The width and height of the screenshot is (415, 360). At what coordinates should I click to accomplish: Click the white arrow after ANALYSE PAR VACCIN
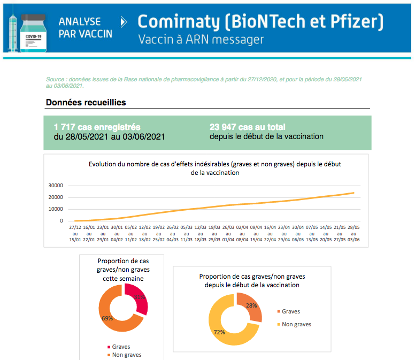click(x=124, y=22)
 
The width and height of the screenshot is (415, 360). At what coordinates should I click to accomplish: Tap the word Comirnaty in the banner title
click(x=178, y=22)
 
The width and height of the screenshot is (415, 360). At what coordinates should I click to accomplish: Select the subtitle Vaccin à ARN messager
click(x=201, y=40)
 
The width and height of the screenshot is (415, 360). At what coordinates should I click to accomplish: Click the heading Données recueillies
click(x=86, y=102)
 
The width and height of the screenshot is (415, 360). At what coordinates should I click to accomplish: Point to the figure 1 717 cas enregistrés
click(x=97, y=127)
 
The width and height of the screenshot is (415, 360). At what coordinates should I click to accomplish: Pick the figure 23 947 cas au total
click(x=248, y=127)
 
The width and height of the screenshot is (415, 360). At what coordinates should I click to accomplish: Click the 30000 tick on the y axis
click(x=56, y=186)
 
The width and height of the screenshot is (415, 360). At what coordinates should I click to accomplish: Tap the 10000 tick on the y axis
click(x=56, y=209)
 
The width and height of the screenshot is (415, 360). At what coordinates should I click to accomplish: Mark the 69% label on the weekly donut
click(x=107, y=318)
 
